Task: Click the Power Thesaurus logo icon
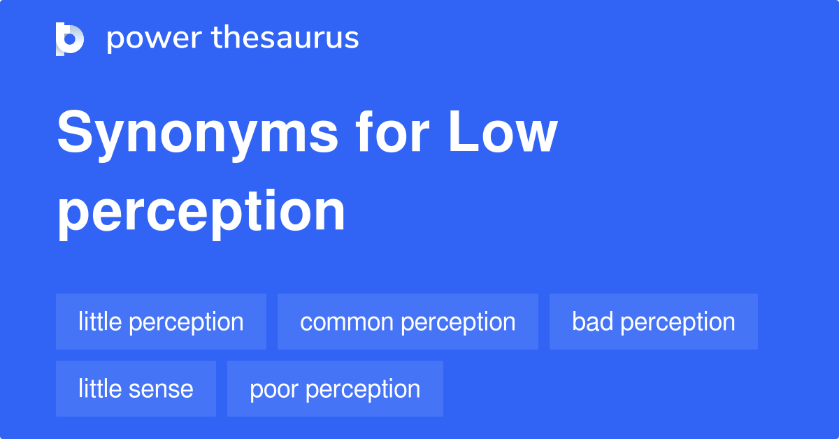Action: (x=70, y=38)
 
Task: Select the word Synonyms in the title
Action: (x=197, y=136)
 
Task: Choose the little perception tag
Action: (x=161, y=322)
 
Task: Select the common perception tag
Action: (x=408, y=322)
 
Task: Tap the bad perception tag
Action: (x=653, y=322)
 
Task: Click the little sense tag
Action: (x=136, y=389)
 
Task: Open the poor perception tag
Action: (x=335, y=389)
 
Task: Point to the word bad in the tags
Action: (x=592, y=322)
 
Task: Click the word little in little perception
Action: (x=100, y=322)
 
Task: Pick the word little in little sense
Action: (x=100, y=389)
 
